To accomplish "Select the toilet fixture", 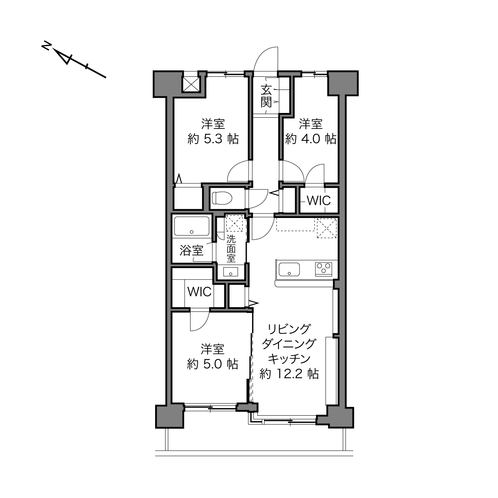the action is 222,198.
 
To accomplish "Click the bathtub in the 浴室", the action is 192,226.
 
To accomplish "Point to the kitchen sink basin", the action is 289,269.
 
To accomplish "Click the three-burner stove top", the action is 323,269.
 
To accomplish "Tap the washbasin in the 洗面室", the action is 231,272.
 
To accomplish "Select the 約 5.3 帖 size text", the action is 213,140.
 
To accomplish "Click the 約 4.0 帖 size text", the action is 311,140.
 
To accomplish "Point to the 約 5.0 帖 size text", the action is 212,364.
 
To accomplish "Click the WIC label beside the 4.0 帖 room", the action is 319,200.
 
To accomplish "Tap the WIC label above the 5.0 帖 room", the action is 200,292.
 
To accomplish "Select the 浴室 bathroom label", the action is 191,250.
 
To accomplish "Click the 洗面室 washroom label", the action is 231,249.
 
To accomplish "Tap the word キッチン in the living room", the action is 289,359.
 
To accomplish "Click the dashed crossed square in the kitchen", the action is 327,228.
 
